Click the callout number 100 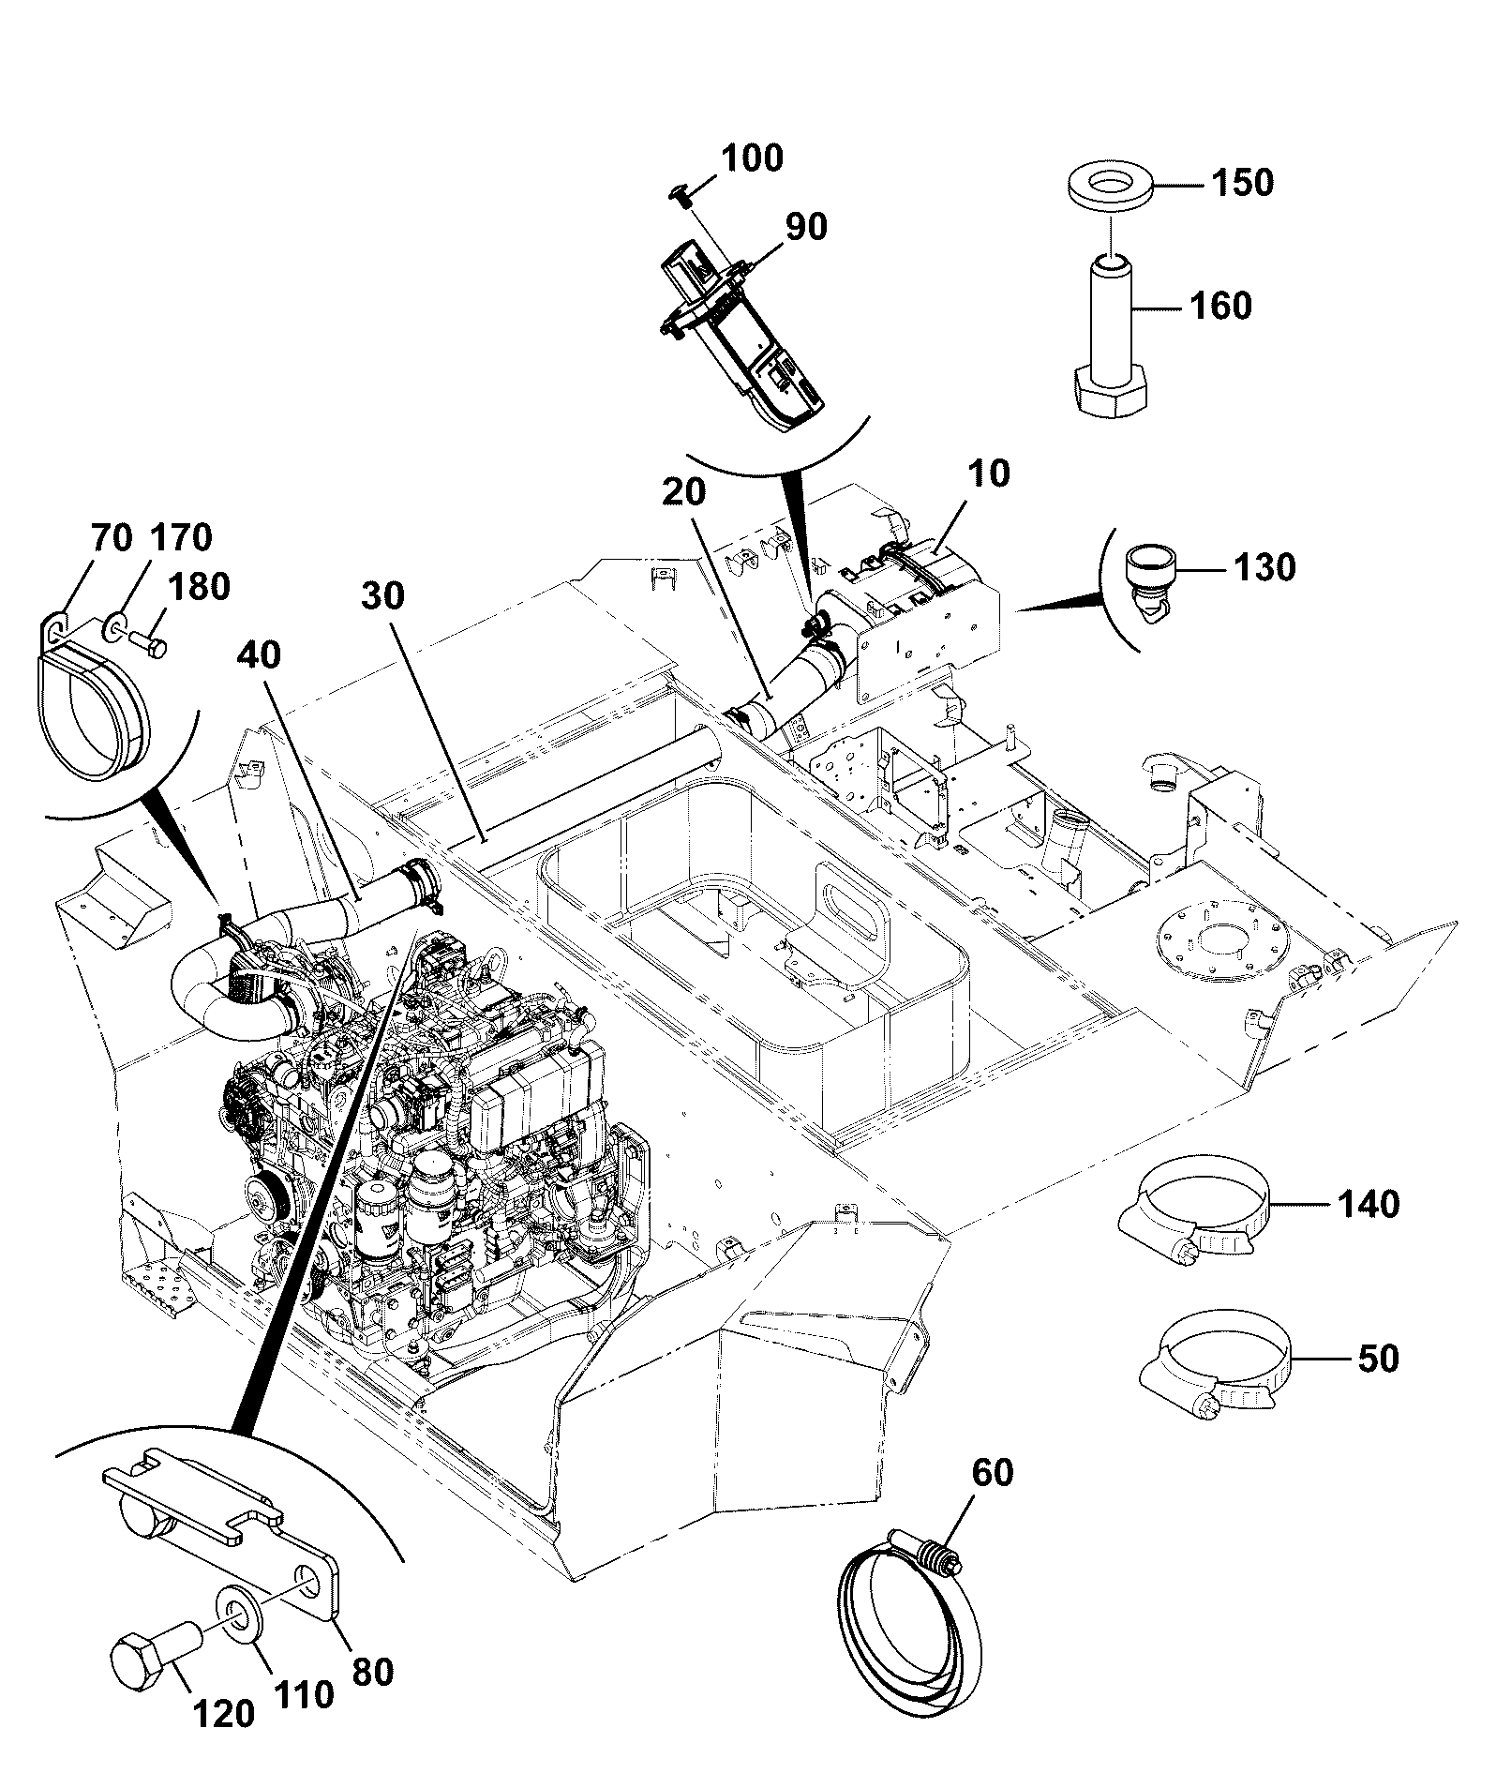tap(752, 158)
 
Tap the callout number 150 tap(1242, 182)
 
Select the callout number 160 tap(1220, 306)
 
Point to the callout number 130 tap(1264, 566)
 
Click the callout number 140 tap(1368, 1203)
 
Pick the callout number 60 tap(993, 1473)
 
